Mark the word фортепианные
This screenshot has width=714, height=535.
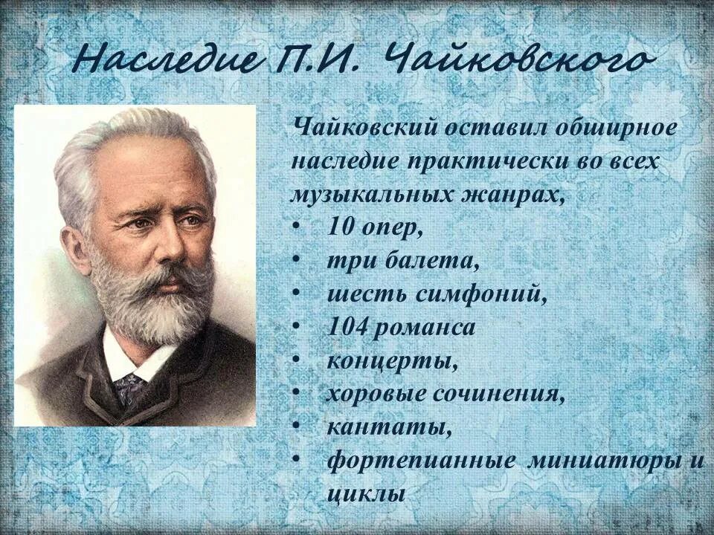422,461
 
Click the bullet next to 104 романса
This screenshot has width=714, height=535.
297,328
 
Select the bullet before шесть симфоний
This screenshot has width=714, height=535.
297,294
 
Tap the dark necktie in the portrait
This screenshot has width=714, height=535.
129,387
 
